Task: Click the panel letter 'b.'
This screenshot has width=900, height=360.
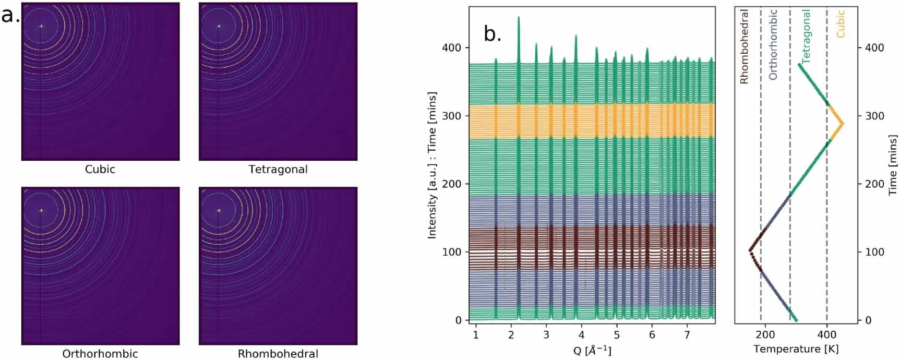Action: (493, 34)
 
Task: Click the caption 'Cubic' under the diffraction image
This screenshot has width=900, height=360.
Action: (100, 169)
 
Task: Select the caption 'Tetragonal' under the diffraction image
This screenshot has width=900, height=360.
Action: (278, 169)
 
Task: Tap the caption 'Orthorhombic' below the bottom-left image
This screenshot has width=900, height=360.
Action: (100, 353)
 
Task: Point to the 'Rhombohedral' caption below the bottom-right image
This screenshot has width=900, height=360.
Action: (278, 353)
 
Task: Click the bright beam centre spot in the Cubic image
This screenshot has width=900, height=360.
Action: (41, 26)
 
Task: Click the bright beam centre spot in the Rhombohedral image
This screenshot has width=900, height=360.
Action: (219, 211)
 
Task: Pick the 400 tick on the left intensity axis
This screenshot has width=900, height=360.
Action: (451, 47)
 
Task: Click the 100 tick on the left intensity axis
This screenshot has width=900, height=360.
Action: (451, 252)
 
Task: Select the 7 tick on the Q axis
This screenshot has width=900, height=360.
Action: (687, 334)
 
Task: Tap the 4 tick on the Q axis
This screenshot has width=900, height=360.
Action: (581, 334)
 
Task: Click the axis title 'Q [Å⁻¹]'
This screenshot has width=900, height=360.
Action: (592, 350)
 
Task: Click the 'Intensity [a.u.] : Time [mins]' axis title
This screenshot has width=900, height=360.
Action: (431, 165)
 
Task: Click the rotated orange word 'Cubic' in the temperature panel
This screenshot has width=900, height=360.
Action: (840, 24)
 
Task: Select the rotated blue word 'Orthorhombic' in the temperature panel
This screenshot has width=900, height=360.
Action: (773, 44)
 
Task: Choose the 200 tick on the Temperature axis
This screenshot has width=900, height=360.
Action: (765, 334)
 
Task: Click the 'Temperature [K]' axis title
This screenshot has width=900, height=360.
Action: (796, 349)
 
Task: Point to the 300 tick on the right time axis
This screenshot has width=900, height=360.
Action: (874, 116)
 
